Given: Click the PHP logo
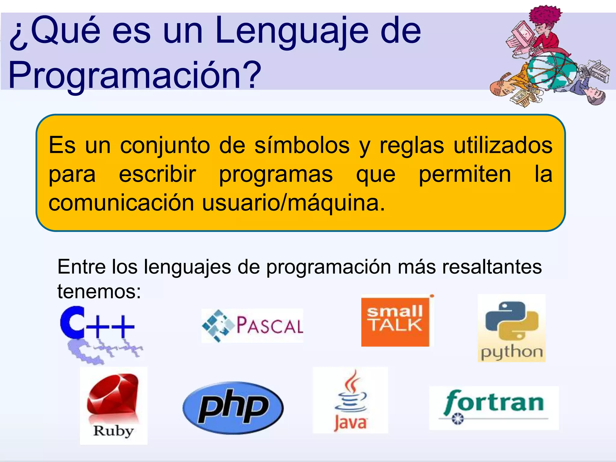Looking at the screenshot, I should [x=233, y=408].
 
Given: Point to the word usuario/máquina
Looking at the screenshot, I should [x=293, y=203].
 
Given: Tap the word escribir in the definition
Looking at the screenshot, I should [x=157, y=174].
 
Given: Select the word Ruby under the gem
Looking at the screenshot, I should [x=113, y=431].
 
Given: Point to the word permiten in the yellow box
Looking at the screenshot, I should [x=465, y=174].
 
